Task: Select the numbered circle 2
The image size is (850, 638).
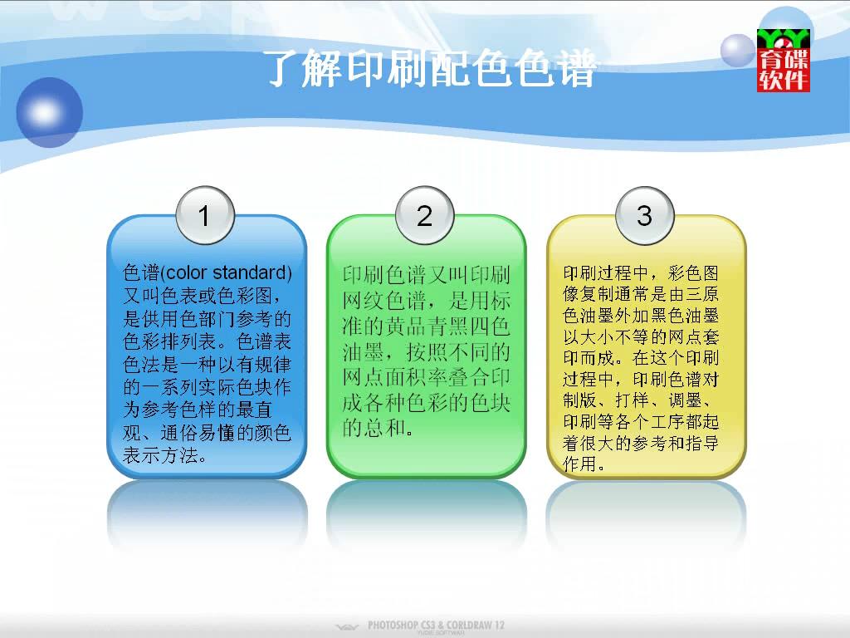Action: click(425, 215)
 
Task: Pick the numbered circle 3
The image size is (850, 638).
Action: click(644, 215)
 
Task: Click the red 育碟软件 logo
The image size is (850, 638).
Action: click(784, 60)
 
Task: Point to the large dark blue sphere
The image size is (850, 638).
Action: click(49, 112)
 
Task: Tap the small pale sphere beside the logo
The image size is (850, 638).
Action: click(738, 51)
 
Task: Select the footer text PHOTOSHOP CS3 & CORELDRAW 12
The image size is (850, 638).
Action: click(436, 625)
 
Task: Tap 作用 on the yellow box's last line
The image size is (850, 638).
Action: click(579, 464)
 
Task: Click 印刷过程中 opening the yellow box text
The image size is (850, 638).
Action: click(605, 272)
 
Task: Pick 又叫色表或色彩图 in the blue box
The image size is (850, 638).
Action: click(198, 296)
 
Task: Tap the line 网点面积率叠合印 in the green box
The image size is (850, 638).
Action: click(426, 377)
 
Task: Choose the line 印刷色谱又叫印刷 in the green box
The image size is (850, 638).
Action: click(426, 275)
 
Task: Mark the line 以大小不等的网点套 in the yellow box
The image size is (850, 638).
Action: click(641, 337)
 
